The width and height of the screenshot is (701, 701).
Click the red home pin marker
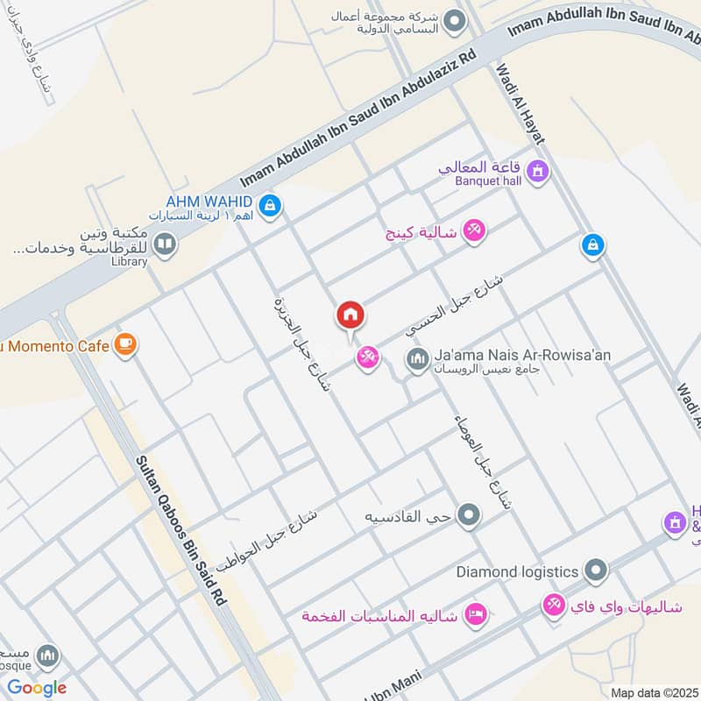[x=350, y=315]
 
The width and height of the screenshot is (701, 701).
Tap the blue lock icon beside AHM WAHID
[x=270, y=205]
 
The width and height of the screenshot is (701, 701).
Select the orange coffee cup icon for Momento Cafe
[x=125, y=345]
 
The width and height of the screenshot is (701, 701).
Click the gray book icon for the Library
[x=164, y=244]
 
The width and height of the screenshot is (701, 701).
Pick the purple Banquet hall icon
[x=538, y=170]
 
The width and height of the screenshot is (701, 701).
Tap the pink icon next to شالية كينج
[x=474, y=230]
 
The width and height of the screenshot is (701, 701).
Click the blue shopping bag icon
[x=593, y=246]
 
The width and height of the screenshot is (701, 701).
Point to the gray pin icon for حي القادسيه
[x=470, y=515]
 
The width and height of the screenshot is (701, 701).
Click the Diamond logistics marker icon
[x=596, y=571]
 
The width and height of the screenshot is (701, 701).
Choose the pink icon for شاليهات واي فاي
[x=553, y=605]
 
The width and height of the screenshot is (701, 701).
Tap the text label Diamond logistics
[x=517, y=571]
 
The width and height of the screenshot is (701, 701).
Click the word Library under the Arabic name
[x=130, y=261]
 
